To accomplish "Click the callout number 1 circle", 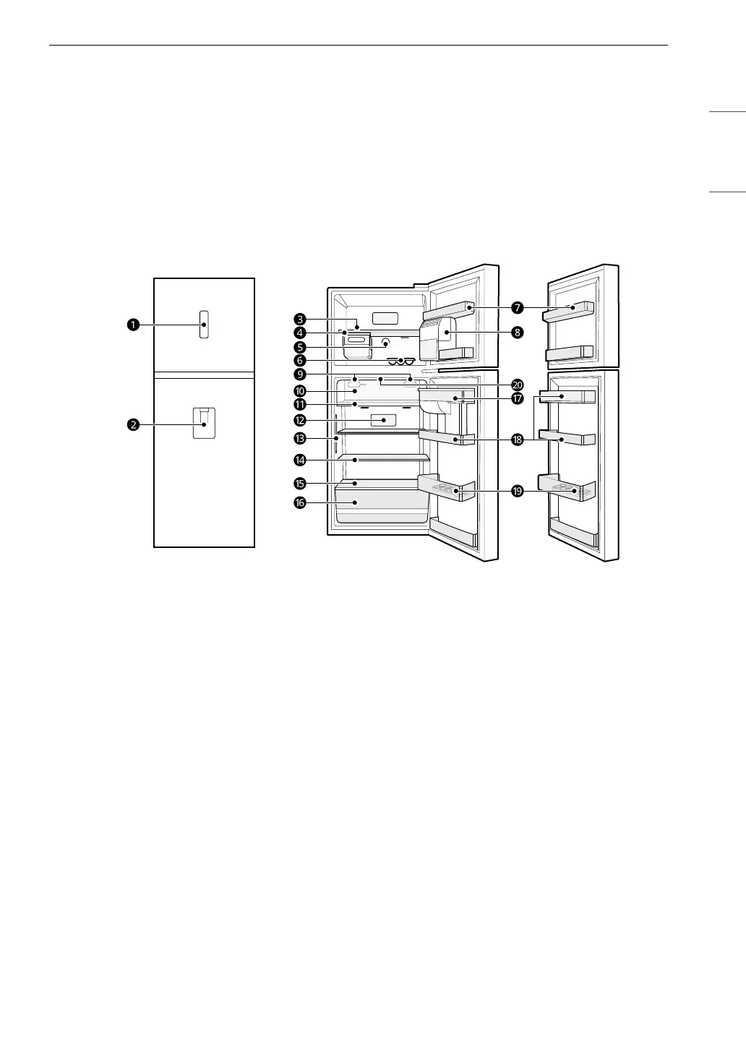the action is tap(133, 325).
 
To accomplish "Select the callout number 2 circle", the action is tap(133, 425).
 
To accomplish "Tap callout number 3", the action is tap(300, 318).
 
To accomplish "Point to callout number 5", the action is tap(300, 346).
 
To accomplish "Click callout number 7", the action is tap(518, 308).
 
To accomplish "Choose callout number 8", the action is tap(518, 333).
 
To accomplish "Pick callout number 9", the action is tap(300, 374).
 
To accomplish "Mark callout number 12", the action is tap(300, 419).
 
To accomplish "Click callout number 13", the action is tap(300, 438).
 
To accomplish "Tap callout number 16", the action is tap(300, 503).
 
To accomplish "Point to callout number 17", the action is tap(518, 398).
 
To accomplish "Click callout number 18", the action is tap(518, 440).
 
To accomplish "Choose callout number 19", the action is tap(518, 491).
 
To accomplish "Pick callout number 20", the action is tap(518, 385).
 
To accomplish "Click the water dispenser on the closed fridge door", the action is tap(205, 423).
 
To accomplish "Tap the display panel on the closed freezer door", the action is tap(205, 325).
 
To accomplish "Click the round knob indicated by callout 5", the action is tap(385, 343).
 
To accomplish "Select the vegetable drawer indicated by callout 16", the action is tap(380, 505).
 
